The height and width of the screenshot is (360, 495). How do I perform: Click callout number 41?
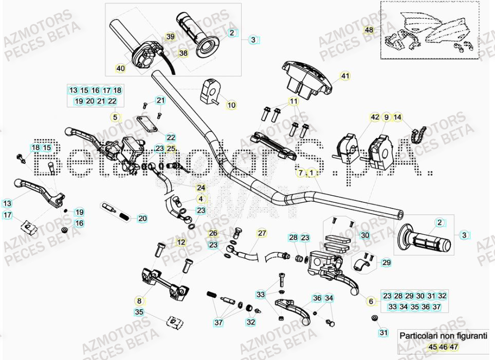coord(345,76)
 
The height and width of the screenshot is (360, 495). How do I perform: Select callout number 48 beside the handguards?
coord(369,30)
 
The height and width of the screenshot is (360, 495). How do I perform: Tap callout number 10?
coord(231,105)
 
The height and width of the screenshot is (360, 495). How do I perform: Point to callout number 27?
coord(262,233)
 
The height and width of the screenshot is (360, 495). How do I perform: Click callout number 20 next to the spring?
coord(142,218)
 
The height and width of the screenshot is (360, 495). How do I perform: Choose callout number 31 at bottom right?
coord(383,333)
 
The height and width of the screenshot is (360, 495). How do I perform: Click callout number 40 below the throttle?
coord(120,68)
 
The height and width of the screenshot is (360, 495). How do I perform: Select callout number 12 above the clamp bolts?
coord(181,242)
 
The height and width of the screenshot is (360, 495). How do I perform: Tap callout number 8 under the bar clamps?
coord(138,300)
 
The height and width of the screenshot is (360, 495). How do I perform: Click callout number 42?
coord(375,118)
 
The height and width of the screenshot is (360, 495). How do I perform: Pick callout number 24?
coord(200,187)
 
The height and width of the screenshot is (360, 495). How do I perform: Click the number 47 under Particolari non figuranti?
coord(453,348)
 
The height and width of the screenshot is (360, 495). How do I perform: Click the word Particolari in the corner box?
coord(416,336)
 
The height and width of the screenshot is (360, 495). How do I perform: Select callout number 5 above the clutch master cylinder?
coord(115,118)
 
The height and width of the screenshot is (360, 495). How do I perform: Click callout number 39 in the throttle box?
coord(171,36)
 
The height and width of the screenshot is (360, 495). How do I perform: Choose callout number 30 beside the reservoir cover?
coord(364,235)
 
